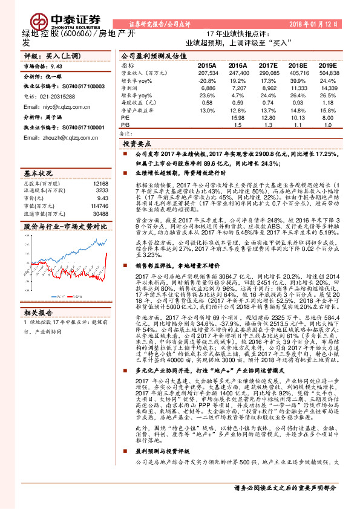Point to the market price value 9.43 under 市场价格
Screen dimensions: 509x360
pyautogui.click(x=56, y=66)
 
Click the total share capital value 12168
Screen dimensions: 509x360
pyautogui.click(x=101, y=183)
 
